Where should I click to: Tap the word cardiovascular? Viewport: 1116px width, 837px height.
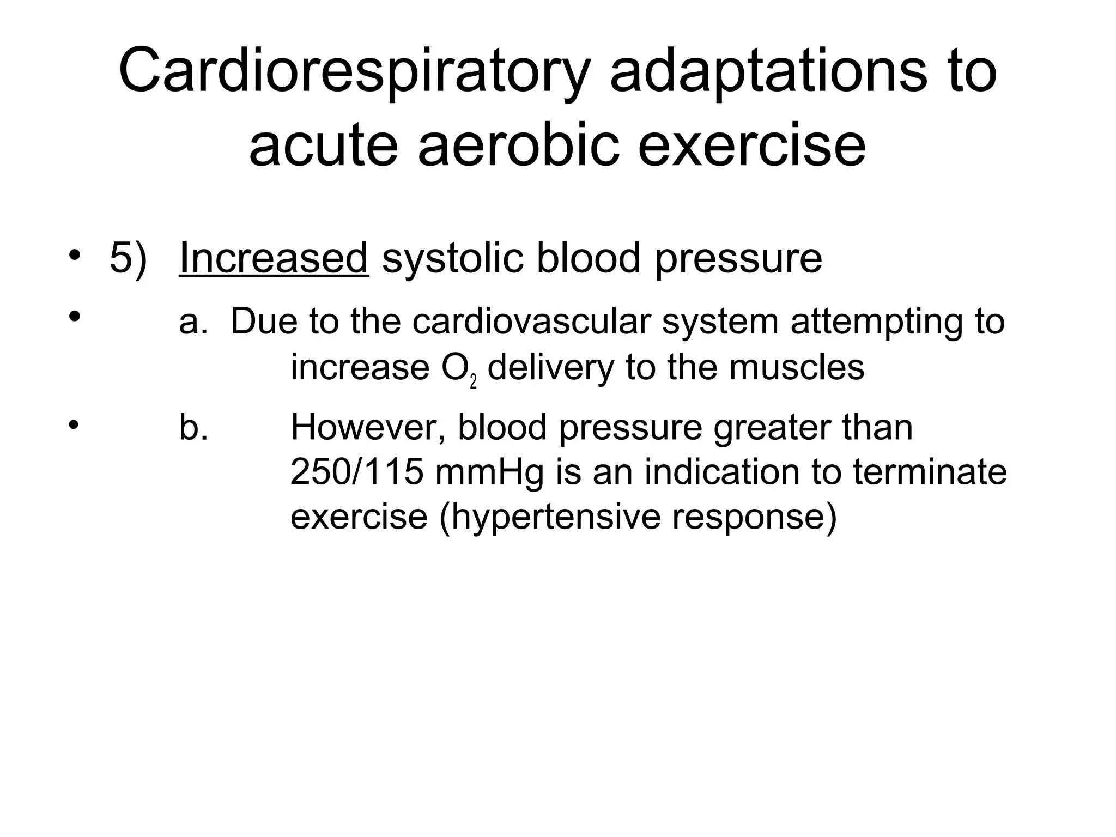(x=531, y=321)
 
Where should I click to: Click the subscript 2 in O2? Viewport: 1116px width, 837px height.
(x=473, y=382)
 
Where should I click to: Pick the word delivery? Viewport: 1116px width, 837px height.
(x=550, y=367)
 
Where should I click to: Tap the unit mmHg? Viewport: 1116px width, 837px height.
(x=489, y=473)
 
